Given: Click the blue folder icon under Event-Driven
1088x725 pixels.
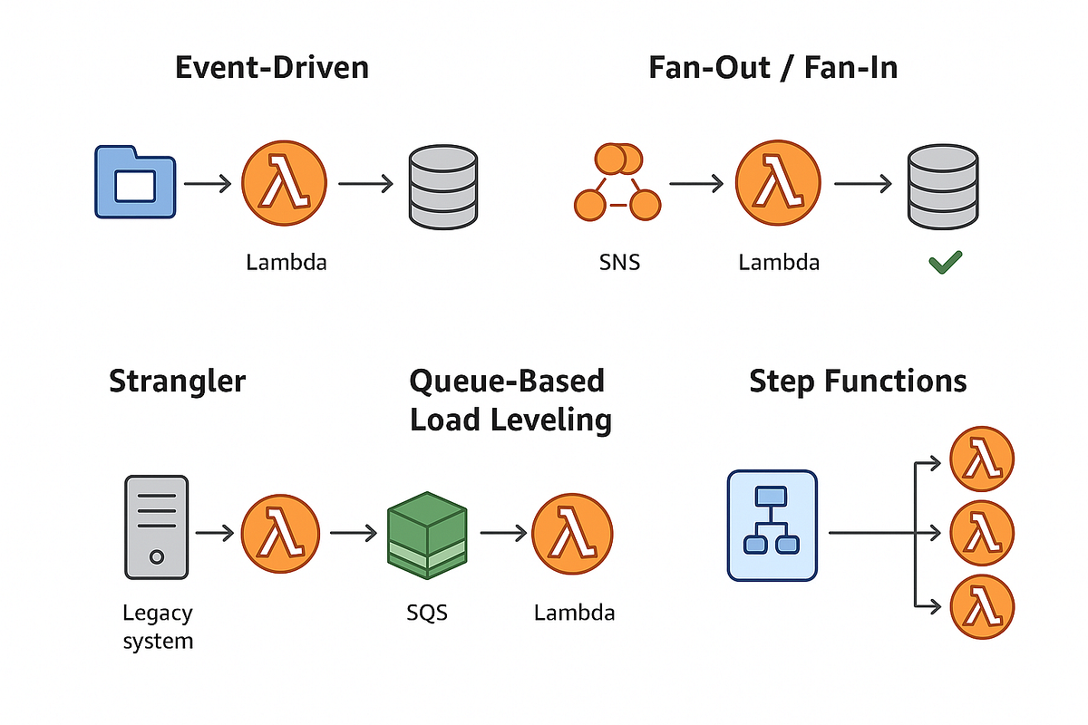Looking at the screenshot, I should pyautogui.click(x=135, y=182).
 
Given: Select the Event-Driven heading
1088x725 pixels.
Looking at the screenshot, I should pyautogui.click(x=272, y=68).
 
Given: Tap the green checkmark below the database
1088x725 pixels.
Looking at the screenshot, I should pyautogui.click(x=945, y=264).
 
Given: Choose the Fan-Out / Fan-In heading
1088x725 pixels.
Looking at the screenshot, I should pyautogui.click(x=772, y=68).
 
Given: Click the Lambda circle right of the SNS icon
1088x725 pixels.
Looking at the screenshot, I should pyautogui.click(x=778, y=183).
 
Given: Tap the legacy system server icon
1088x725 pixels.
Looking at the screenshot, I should pyautogui.click(x=156, y=527).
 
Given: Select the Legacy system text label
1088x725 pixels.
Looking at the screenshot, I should pyautogui.click(x=158, y=627).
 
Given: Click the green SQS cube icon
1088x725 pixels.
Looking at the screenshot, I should pyautogui.click(x=426, y=536).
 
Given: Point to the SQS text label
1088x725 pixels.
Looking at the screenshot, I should pyautogui.click(x=427, y=613).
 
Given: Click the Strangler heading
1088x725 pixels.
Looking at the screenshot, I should pyautogui.click(x=177, y=381).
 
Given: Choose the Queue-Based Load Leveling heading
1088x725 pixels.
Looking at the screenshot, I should pyautogui.click(x=510, y=401).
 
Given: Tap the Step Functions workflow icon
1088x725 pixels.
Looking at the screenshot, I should pyautogui.click(x=772, y=526).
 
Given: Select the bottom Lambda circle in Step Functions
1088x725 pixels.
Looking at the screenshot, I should pyautogui.click(x=980, y=604).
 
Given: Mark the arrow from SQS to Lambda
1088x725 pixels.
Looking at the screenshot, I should pyautogui.click(x=502, y=534).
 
